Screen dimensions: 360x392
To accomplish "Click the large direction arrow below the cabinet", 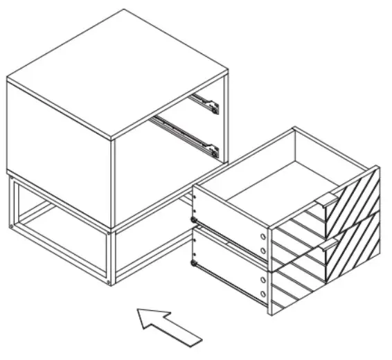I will pyautogui.click(x=168, y=325).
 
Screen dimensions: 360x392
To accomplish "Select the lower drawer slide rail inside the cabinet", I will pyautogui.click(x=187, y=135).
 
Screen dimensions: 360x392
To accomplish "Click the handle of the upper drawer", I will pyautogui.click(x=327, y=200).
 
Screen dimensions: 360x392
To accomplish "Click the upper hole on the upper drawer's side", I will pyautogui.click(x=263, y=235).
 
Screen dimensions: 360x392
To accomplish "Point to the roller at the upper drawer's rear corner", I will pyautogui.click(x=194, y=219).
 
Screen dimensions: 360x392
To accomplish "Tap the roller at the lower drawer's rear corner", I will pyautogui.click(x=194, y=264).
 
